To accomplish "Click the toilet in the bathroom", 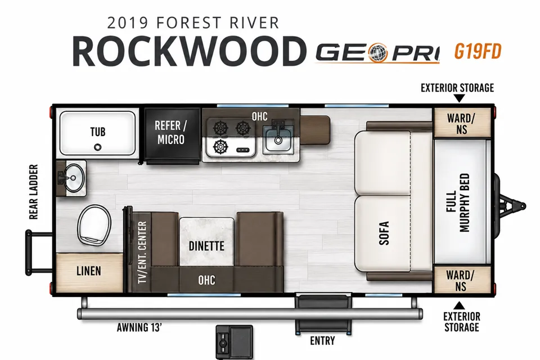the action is click(94, 224).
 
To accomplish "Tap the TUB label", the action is click(98, 132).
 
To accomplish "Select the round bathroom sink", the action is click(73, 178).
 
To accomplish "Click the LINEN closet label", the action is click(89, 271).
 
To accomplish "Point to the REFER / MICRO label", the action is click(171, 133).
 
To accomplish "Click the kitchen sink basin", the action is click(278, 138).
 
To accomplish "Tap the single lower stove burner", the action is click(220, 147).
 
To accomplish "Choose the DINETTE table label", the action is click(206, 246).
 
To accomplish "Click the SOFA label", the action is click(384, 233).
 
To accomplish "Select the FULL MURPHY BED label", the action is click(458, 202).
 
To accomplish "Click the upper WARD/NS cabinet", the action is click(461, 123).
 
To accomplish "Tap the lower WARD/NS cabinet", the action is click(461, 280).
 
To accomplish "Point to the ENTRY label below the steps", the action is click(322, 341).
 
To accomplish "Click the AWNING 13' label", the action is click(139, 327).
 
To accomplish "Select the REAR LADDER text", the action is click(33, 192).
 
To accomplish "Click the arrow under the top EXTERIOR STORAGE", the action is click(459, 98).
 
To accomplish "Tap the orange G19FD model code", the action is click(478, 52).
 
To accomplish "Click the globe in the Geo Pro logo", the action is click(378, 53).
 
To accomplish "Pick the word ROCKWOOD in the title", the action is click(190, 52).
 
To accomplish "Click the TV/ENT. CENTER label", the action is click(142, 253).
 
